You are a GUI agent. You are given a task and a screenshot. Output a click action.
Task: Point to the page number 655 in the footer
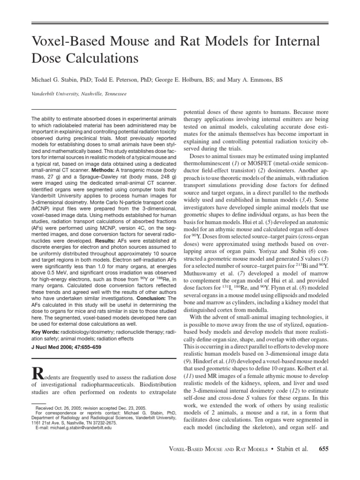[x=324, y=449]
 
